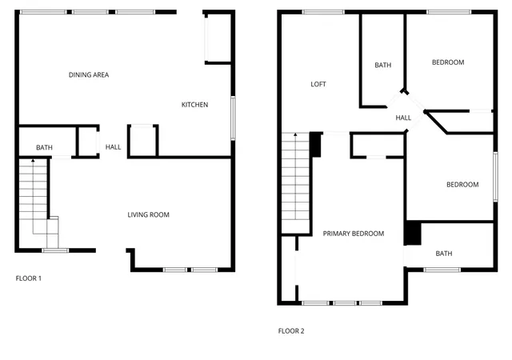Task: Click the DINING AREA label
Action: [x=89, y=75]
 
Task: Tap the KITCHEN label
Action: [x=195, y=105]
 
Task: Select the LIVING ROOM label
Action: [x=149, y=214]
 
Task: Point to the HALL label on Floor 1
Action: [x=114, y=147]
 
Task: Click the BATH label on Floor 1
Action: [x=44, y=148]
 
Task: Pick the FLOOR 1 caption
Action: [x=29, y=278]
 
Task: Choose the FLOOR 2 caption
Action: [x=291, y=330]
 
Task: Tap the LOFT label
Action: [x=318, y=84]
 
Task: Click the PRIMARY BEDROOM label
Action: [x=354, y=234]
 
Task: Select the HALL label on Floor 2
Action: [x=403, y=118]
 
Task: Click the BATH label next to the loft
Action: [x=382, y=66]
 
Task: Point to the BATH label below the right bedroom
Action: [x=444, y=254]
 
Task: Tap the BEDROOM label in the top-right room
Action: [x=448, y=62]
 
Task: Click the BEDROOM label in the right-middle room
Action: [x=462, y=185]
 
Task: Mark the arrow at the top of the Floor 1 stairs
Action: [x=33, y=162]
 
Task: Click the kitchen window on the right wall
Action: [x=234, y=113]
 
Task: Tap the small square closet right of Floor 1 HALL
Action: [x=142, y=140]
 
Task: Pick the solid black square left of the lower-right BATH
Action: [x=413, y=233]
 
